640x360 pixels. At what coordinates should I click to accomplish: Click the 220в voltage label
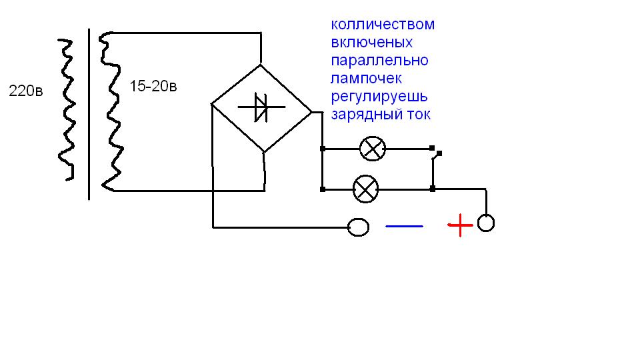[25, 91]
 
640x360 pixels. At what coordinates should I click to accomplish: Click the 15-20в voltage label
[153, 87]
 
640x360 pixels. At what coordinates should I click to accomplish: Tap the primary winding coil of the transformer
[65, 110]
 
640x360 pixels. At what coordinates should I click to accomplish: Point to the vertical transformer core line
[89, 113]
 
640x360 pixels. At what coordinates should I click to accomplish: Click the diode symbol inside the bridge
[261, 107]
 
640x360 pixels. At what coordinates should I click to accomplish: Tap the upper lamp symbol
[373, 148]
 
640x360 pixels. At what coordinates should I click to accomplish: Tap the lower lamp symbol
[365, 189]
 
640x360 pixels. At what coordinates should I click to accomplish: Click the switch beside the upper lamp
[435, 155]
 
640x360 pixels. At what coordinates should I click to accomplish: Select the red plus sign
[460, 225]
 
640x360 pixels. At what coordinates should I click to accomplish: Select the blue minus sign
[404, 226]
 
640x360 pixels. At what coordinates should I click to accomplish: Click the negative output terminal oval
[359, 227]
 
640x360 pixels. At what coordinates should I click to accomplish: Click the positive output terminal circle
[486, 223]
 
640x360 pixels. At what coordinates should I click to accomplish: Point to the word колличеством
[382, 25]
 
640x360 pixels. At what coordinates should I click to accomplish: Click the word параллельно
[379, 61]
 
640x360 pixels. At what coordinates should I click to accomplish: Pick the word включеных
[371, 43]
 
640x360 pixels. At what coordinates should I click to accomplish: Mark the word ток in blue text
[417, 115]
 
